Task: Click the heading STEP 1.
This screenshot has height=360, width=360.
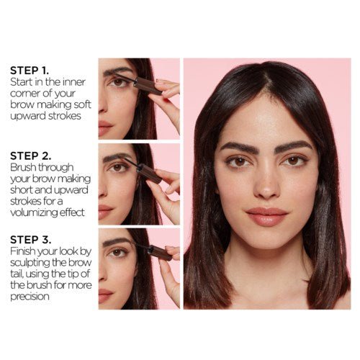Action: click(29, 71)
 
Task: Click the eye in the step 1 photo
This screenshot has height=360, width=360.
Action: click(117, 82)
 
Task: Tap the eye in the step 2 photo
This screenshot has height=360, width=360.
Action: click(117, 167)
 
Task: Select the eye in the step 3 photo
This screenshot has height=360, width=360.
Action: click(117, 252)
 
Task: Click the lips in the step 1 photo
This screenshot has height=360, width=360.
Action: click(105, 129)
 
